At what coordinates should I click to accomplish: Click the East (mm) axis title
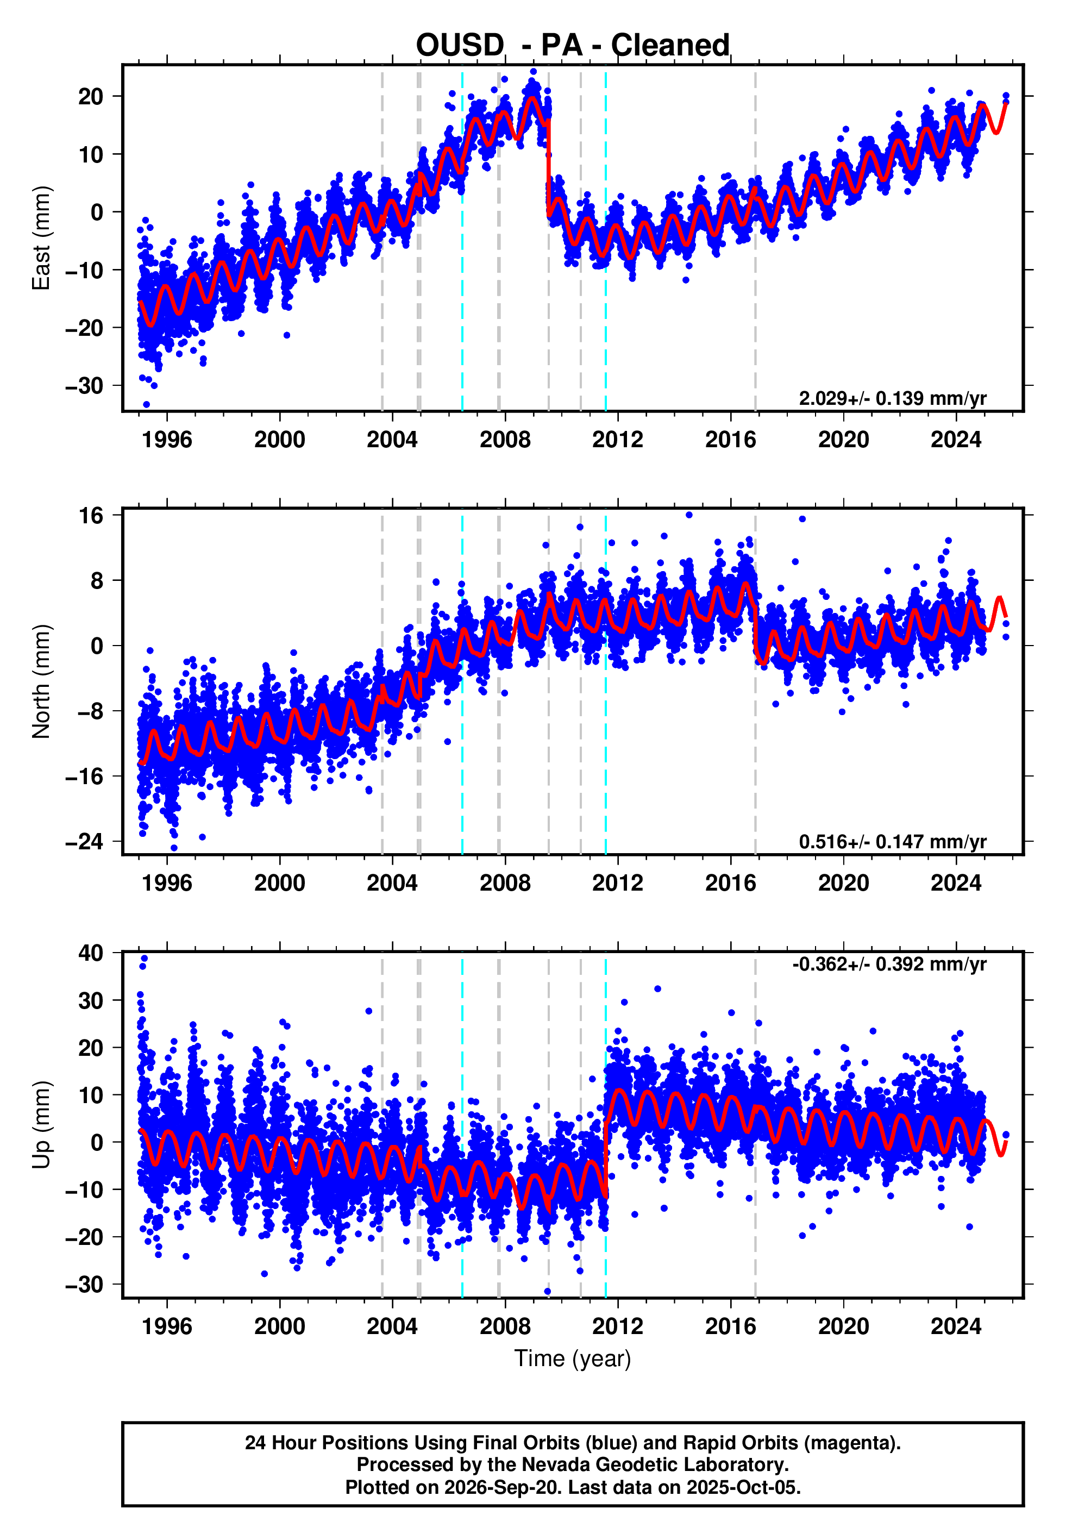pyautogui.click(x=41, y=239)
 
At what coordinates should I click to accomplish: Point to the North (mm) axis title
pyautogui.click(x=41, y=681)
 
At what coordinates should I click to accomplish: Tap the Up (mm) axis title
pyautogui.click(x=41, y=1125)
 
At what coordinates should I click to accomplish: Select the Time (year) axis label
pyautogui.click(x=573, y=1359)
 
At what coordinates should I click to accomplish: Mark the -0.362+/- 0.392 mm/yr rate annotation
pyautogui.click(x=889, y=965)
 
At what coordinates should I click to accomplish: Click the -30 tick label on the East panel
pyautogui.click(x=84, y=386)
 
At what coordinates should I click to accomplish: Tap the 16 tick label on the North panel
pyautogui.click(x=91, y=516)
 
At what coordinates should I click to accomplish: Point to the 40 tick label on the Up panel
pyautogui.click(x=91, y=953)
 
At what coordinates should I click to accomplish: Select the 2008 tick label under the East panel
pyautogui.click(x=505, y=440)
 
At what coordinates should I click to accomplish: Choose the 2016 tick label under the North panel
pyautogui.click(x=731, y=883)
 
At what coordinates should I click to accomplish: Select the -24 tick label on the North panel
pyautogui.click(x=84, y=841)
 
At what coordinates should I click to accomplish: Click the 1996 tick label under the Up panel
pyautogui.click(x=167, y=1326)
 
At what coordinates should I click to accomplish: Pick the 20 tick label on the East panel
pyautogui.click(x=91, y=97)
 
